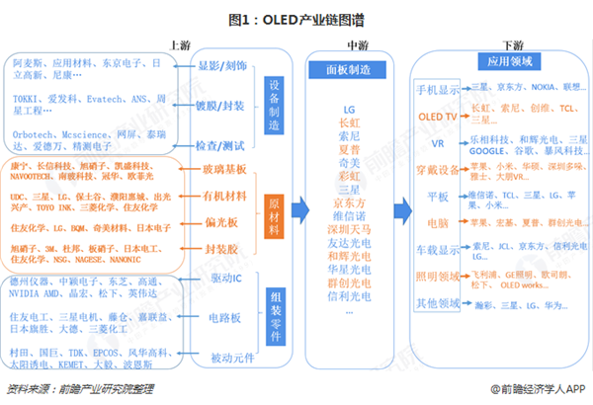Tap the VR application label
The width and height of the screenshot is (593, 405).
pos(439,142)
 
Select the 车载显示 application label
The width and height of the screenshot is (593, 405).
pos(439,249)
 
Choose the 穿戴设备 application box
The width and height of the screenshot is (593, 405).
pos(439,169)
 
